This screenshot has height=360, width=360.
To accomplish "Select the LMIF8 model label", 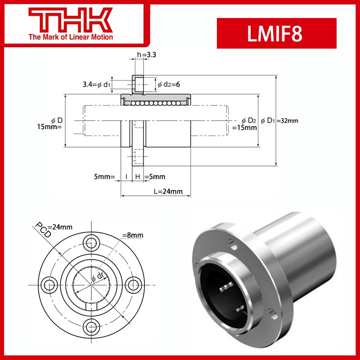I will pos(276,34).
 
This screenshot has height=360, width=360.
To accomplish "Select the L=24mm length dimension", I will pos(167,191).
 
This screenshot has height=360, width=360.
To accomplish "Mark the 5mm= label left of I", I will pos(105,176).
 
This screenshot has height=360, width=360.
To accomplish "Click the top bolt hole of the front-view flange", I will pos(93,242).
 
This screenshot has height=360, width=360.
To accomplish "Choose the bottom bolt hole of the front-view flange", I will pos(93,327).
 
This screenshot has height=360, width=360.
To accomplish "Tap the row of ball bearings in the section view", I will pos(155,103).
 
